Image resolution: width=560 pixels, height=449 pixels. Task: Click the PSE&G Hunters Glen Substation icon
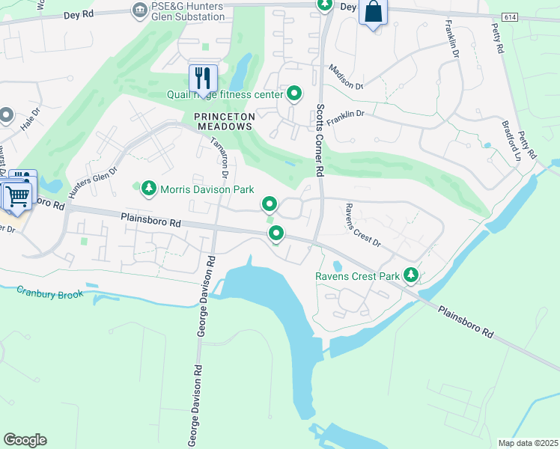click(x=139, y=10)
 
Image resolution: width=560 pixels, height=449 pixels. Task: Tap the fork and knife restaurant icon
click(x=202, y=77)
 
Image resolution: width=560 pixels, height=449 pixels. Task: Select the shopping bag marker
click(x=373, y=13)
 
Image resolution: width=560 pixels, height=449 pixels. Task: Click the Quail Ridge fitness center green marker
click(x=295, y=94)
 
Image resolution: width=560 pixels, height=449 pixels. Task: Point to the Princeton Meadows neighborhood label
click(x=225, y=122)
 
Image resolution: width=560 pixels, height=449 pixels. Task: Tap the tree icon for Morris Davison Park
click(x=149, y=189)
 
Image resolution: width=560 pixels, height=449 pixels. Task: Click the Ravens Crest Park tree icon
click(x=411, y=275)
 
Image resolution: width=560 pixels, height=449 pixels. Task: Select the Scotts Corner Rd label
click(x=319, y=140)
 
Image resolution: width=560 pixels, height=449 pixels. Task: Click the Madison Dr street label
click(x=346, y=76)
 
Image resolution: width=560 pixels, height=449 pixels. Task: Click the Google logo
click(x=25, y=440)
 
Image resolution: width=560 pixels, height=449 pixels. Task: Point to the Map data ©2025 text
click(x=528, y=443)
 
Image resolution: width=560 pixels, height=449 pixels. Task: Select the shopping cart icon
click(x=18, y=196)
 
